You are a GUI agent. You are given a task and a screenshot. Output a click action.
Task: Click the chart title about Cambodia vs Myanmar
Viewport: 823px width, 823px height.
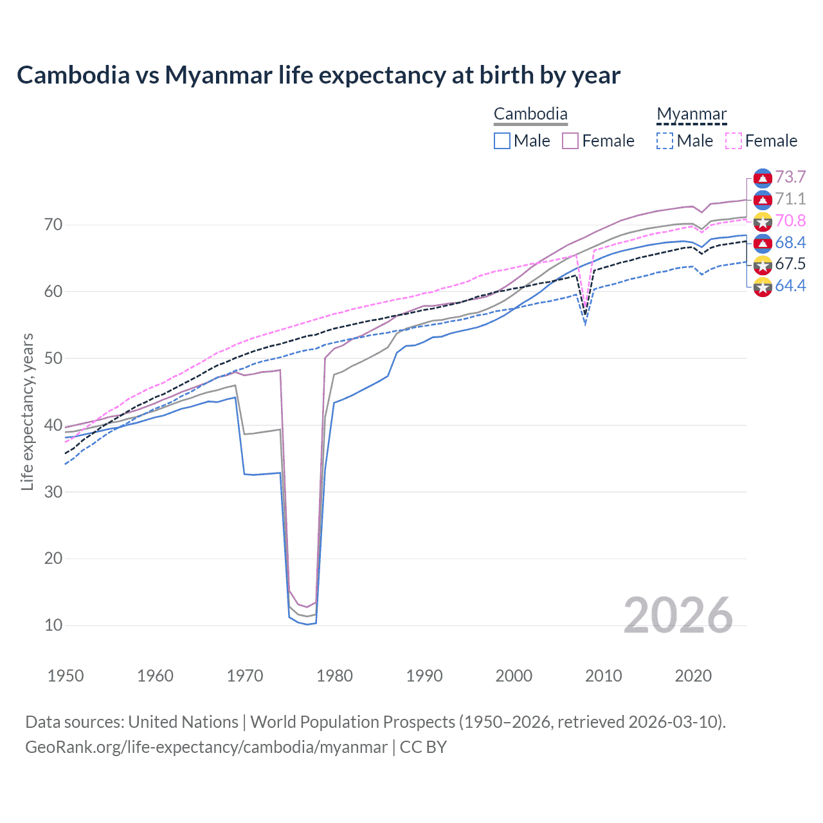[318, 75]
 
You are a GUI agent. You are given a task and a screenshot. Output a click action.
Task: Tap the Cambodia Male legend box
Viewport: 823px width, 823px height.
[502, 141]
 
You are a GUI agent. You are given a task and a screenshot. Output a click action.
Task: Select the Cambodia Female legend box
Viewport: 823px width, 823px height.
[570, 141]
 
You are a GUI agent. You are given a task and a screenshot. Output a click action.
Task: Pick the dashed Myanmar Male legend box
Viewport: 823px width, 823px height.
[665, 141]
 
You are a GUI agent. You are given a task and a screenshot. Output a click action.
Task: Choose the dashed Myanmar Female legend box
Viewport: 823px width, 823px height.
[733, 141]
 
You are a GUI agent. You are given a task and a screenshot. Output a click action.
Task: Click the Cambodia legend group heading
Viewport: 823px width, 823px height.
[530, 114]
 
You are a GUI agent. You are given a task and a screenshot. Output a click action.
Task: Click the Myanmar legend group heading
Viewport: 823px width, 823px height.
[691, 114]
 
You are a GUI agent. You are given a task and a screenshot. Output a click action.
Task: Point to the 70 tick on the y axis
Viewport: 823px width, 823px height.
[53, 225]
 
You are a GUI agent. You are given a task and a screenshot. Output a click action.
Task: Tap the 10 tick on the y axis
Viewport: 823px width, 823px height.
[53, 625]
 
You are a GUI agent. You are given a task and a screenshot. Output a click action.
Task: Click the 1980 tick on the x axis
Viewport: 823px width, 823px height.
[335, 676]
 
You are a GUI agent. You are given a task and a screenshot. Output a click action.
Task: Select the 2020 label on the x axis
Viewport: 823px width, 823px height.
[693, 676]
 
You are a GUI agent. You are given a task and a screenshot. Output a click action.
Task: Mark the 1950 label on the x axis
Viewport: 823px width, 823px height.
[66, 676]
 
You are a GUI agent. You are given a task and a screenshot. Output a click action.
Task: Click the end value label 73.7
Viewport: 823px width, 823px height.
[790, 177]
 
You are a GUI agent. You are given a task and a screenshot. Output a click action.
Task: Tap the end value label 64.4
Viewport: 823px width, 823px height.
[790, 286]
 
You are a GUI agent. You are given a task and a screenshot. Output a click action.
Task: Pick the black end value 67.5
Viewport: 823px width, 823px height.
[790, 264]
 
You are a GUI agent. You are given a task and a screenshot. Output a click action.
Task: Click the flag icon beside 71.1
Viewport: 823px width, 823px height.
[763, 200]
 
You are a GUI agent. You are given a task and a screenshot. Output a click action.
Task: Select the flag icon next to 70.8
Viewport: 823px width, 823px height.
[763, 222]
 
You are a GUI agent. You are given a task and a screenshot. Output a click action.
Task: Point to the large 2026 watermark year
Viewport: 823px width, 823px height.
[678, 615]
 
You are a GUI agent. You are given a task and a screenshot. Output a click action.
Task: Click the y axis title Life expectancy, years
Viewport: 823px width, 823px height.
[28, 411]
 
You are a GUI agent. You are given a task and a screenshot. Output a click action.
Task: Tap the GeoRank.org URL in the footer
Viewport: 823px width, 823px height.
[206, 747]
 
